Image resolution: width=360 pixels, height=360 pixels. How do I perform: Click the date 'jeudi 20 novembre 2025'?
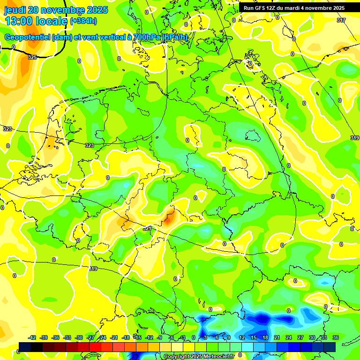coord(56,10)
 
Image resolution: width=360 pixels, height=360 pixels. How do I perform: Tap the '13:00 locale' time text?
coord(36,21)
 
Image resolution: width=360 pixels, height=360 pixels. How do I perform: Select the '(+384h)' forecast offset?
coord(83,21)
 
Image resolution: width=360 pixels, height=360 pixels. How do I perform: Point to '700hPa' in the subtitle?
coord(147,37)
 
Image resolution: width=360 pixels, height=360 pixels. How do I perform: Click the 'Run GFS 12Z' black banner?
coord(294,8)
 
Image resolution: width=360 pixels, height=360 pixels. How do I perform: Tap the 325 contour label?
coord(32,57)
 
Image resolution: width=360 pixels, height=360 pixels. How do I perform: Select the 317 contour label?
coord(341,20)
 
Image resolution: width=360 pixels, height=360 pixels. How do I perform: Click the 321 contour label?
coord(147,228)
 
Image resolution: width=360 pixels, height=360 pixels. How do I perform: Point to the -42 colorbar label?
coord(32,338)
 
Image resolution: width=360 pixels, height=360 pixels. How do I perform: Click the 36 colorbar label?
coord(336,338)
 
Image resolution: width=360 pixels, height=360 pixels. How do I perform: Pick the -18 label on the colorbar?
coord(126,338)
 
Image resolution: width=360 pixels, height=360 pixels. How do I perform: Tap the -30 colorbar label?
coord(79,338)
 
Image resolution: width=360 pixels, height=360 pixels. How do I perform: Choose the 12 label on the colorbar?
coord(242,338)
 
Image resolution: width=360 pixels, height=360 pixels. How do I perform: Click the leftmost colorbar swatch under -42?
coord(25,347)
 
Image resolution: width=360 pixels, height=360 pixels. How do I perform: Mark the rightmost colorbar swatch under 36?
coord(330,347)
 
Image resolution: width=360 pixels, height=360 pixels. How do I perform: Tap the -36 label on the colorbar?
coord(55,338)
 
